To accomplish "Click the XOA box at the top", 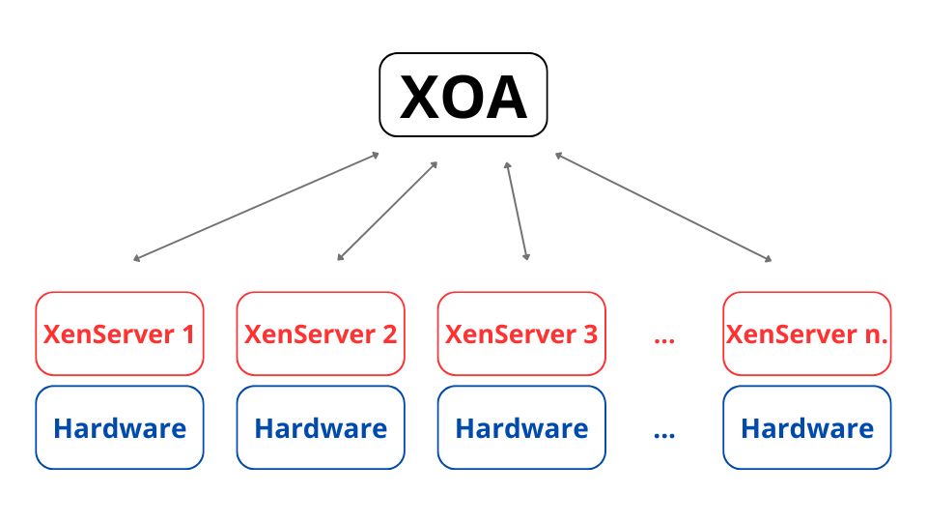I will coord(463,95).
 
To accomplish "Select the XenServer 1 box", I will coord(119,333).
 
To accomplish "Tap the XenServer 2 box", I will coord(321,333).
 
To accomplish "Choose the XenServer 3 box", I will coord(521,333).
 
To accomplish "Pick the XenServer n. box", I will coord(807,333).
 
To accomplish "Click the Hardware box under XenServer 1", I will coord(119,427).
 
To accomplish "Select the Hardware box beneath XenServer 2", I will coord(321,427).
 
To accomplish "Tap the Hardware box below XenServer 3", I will coord(521,427).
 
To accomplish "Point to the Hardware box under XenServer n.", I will coord(807,427).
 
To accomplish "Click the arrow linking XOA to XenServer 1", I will coord(256,206).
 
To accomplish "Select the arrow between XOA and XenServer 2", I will coord(387,211).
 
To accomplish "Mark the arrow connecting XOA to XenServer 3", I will coord(517,211).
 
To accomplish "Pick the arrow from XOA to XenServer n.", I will coord(663,206).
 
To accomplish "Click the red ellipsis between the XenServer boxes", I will coord(663,339).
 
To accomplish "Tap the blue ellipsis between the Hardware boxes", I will coord(663,433).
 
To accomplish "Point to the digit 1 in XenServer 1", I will coord(187,334).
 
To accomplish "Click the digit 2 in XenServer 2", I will coord(389,334).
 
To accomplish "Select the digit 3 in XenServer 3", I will coord(590,334).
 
